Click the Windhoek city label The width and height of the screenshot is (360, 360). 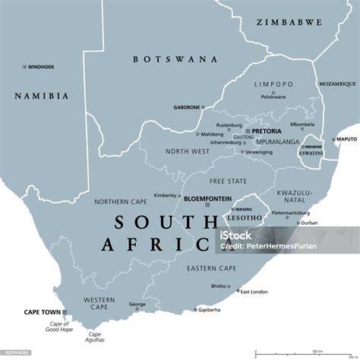(43, 67)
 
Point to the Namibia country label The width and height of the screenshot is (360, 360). (42, 96)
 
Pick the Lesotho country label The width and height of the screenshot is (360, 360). (244, 217)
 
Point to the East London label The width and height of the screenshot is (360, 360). (254, 291)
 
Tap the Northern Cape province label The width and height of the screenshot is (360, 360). (118, 202)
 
